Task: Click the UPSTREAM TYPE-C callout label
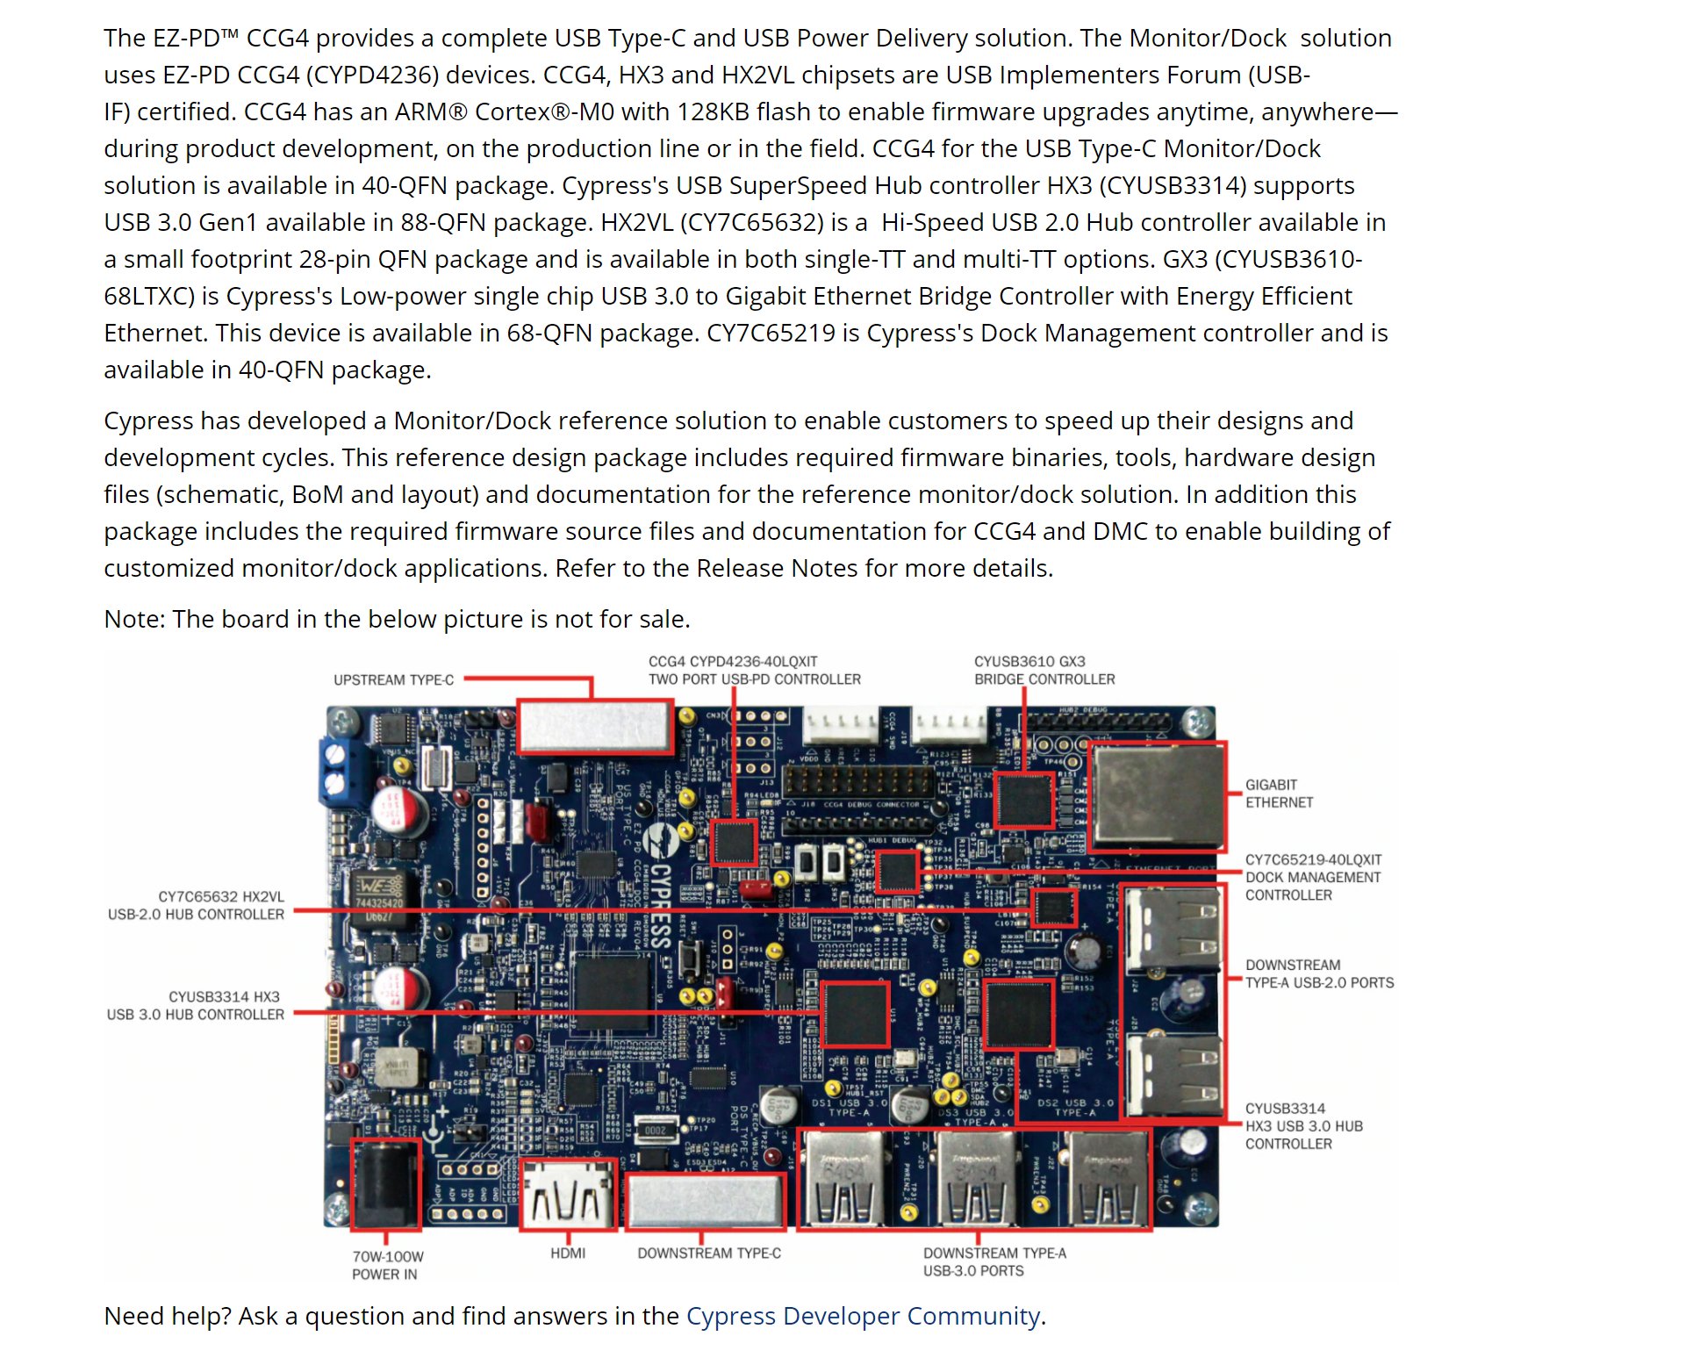click(393, 679)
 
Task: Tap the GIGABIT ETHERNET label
click(1279, 794)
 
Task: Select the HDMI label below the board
click(568, 1253)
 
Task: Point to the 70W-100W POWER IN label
click(387, 1265)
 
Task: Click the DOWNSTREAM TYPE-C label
click(708, 1253)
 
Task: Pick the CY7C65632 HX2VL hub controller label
click(197, 905)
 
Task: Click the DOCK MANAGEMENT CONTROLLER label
click(1313, 877)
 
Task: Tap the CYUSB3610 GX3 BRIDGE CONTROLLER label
click(1044, 670)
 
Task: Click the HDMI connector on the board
click(568, 1195)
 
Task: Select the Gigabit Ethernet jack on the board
click(1157, 795)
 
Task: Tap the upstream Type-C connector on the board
click(594, 726)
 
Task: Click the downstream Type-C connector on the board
click(706, 1200)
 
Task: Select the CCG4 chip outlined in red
click(734, 843)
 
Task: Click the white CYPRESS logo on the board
click(660, 887)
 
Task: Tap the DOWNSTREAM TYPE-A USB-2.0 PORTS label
click(1319, 973)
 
